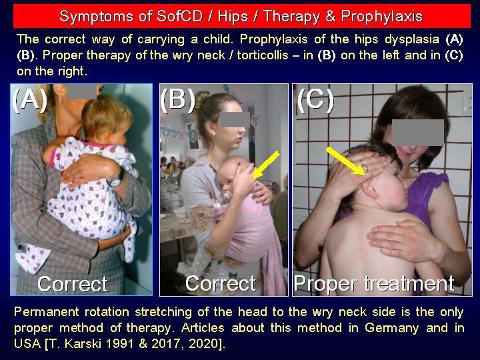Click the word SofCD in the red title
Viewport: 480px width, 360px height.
(180, 16)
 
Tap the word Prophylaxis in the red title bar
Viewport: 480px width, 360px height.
(382, 17)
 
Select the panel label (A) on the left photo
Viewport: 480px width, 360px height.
(30, 100)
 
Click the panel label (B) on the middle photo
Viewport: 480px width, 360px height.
(178, 100)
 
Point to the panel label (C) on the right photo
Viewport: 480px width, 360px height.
(315, 100)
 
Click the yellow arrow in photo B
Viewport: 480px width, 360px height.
(266, 165)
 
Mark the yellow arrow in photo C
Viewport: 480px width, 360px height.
(345, 161)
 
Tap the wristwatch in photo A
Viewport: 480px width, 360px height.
(117, 179)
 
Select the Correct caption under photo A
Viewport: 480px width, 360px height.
(73, 284)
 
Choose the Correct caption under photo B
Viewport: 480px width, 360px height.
(221, 283)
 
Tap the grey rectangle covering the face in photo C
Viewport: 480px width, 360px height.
(418, 132)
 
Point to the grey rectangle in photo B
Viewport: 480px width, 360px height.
(235, 120)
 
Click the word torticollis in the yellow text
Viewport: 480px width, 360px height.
(263, 55)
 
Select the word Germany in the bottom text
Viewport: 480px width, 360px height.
(391, 328)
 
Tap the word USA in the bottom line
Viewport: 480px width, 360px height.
(27, 343)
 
